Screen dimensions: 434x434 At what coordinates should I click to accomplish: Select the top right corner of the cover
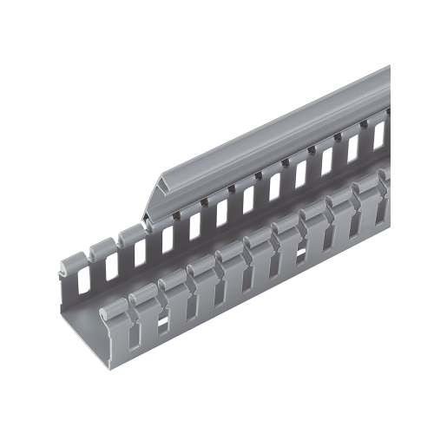click(x=388, y=68)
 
